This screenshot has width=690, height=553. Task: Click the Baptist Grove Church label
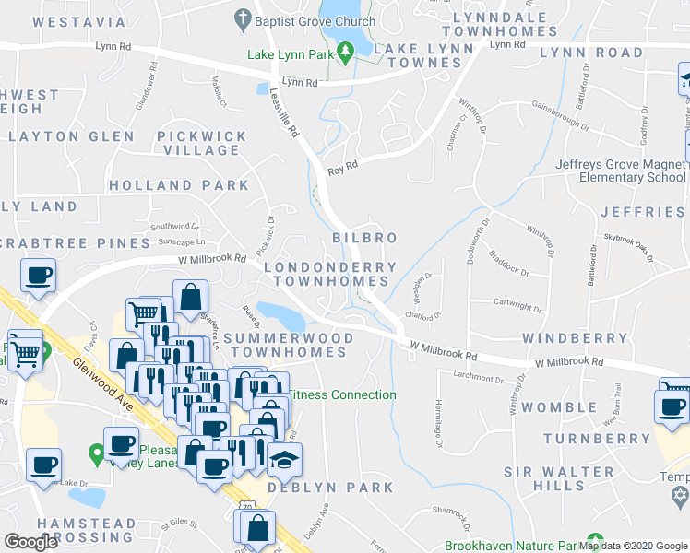pyautogui.click(x=315, y=21)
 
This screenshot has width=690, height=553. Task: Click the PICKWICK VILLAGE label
pyautogui.click(x=201, y=143)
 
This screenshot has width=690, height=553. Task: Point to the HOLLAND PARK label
pyautogui.click(x=179, y=185)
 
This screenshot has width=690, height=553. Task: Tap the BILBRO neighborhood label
pyautogui.click(x=364, y=238)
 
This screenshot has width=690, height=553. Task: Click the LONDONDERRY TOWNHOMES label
pyautogui.click(x=329, y=274)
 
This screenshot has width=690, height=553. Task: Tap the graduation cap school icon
pyautogui.click(x=286, y=458)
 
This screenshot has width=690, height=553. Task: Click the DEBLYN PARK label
pyautogui.click(x=330, y=487)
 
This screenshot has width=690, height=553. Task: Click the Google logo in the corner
pyautogui.click(x=30, y=542)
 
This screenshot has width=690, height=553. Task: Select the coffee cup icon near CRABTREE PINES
pyautogui.click(x=39, y=275)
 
